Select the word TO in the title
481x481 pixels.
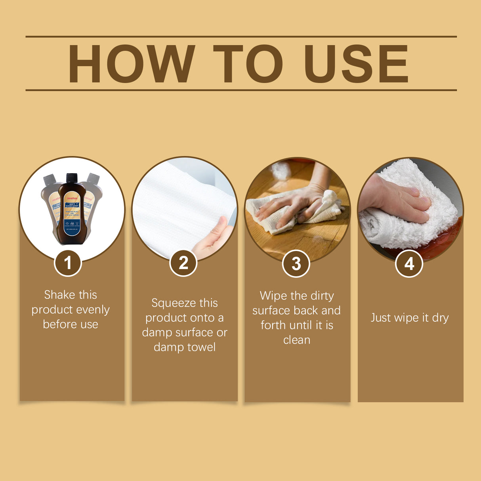[x=248, y=64]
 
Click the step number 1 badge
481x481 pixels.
[x=68, y=263]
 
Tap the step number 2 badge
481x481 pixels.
[x=183, y=263]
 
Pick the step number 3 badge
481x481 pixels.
[x=296, y=264]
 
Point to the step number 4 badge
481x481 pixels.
[x=409, y=264]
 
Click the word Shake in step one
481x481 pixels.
[x=59, y=295]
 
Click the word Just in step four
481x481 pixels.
[x=381, y=318]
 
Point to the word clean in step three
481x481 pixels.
[x=297, y=340]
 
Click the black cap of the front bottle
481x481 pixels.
[x=72, y=178]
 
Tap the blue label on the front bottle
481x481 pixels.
[x=72, y=228]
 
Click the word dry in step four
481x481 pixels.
[x=440, y=318]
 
